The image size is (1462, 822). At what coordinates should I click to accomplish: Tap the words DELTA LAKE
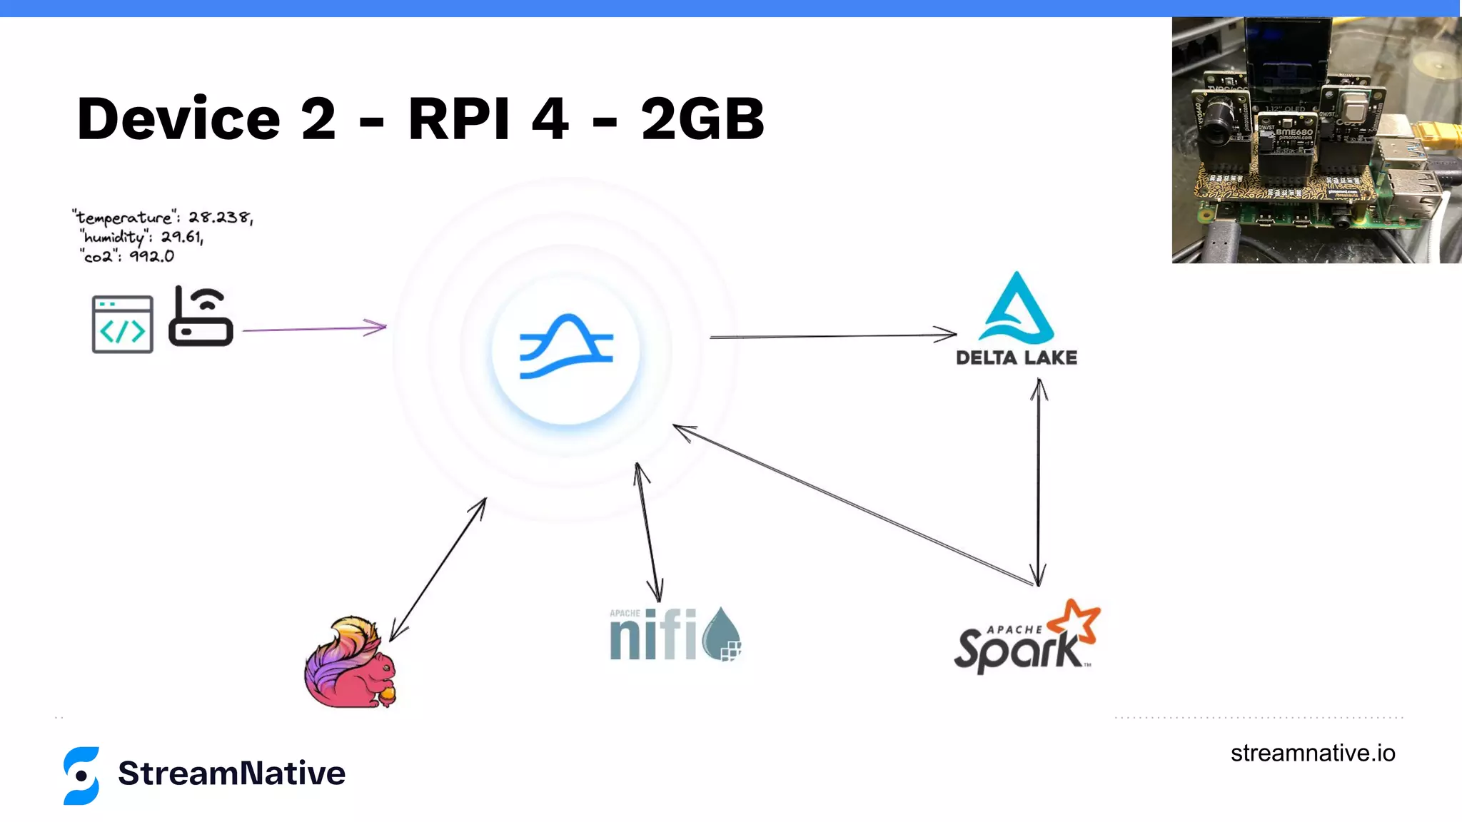(x=1017, y=357)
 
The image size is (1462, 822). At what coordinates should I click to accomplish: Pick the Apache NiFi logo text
(x=652, y=635)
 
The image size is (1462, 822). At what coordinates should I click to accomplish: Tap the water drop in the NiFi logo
(x=722, y=634)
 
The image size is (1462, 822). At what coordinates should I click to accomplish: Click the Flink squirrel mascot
(x=350, y=664)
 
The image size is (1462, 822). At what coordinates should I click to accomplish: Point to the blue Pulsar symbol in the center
(x=566, y=347)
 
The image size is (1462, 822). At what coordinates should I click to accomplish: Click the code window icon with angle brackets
(x=123, y=325)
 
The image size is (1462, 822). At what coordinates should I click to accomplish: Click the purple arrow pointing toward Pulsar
(x=314, y=329)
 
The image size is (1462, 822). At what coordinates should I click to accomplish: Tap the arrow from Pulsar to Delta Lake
(x=832, y=335)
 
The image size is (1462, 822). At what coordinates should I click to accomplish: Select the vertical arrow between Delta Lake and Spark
(x=1039, y=482)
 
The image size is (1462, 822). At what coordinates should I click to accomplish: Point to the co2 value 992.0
(x=151, y=256)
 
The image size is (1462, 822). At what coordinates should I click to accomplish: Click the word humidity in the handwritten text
(x=114, y=237)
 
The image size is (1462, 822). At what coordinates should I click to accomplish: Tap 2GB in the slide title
(x=702, y=119)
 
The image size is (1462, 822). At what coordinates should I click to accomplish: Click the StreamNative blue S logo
(x=81, y=776)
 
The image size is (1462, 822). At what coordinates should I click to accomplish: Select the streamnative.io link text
(x=1312, y=753)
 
